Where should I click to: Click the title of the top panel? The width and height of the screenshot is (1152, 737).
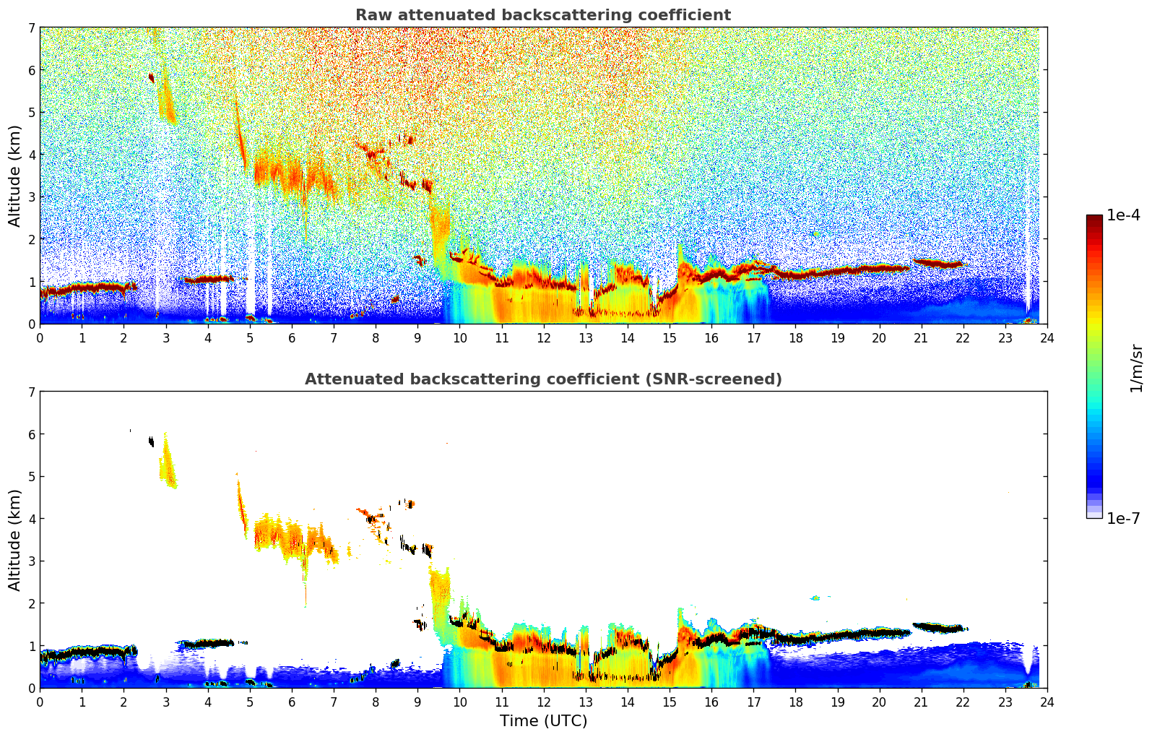point(542,15)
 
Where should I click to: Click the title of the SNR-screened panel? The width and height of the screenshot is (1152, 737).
point(542,379)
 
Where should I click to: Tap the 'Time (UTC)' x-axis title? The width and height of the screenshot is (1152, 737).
point(543,721)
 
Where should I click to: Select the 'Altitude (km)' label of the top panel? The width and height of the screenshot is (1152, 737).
point(15,176)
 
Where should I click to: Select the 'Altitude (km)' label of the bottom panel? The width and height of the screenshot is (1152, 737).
point(15,540)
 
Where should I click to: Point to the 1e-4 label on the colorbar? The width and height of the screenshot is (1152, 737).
point(1123,215)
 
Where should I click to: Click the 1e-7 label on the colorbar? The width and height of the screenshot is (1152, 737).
point(1123,518)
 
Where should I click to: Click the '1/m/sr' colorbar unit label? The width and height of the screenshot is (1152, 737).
point(1136,367)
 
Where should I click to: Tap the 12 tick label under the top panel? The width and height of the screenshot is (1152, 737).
point(543,337)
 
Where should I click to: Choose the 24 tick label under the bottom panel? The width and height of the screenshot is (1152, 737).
point(1047,702)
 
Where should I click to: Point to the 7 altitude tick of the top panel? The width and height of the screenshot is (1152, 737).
point(30,28)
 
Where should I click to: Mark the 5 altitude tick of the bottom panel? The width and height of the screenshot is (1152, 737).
point(30,477)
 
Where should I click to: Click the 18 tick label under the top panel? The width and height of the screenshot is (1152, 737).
point(795,337)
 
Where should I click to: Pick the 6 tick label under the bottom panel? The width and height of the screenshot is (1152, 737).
point(292,702)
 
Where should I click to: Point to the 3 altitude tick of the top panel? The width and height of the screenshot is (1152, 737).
point(30,197)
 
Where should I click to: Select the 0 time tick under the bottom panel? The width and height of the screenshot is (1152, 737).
point(40,702)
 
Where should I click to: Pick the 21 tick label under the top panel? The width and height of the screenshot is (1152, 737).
point(921,337)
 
